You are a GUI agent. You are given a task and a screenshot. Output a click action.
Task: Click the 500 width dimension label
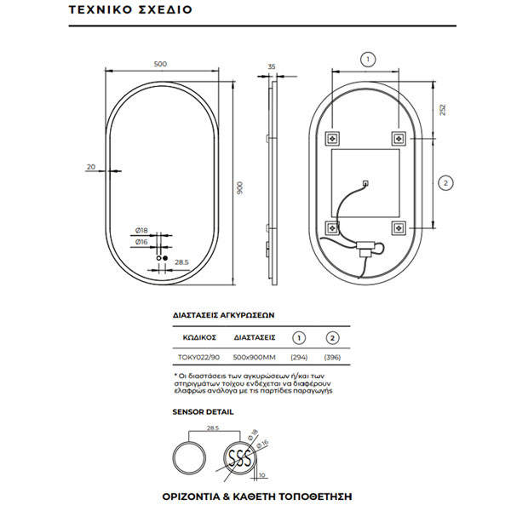pos(160,62)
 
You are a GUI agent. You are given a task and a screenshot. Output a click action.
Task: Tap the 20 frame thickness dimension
pos(91,167)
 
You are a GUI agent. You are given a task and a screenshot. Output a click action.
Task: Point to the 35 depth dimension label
pos(272,66)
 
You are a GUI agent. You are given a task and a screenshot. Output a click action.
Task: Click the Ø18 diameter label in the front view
pos(141,231)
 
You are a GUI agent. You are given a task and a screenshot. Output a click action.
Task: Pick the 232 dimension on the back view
pos(441,111)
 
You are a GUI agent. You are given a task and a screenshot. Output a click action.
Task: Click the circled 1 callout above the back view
pos(367,60)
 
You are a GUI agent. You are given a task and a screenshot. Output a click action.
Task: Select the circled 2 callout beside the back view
pos(446,181)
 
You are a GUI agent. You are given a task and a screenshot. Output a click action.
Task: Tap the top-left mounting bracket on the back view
pos(334,137)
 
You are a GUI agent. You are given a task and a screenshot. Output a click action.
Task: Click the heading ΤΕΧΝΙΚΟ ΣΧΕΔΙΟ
pos(129,13)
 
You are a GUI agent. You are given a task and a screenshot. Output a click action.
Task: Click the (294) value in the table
pos(300,358)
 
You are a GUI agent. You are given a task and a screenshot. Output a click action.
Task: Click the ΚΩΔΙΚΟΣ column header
pos(195,337)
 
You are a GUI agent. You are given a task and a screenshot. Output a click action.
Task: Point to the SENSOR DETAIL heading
pos(203,411)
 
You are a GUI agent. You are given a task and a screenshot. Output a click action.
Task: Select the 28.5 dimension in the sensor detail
pos(199,428)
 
